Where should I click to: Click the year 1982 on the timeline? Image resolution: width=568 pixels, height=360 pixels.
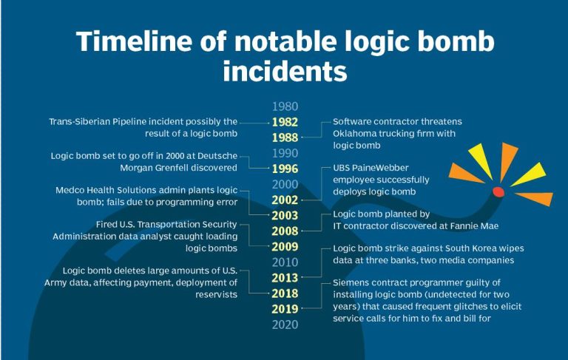[x=285, y=122]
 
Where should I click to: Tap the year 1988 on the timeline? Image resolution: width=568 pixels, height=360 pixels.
[x=285, y=137]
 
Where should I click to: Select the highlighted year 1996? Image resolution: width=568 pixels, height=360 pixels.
[x=285, y=169]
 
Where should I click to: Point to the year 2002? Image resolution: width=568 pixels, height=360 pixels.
[x=285, y=200]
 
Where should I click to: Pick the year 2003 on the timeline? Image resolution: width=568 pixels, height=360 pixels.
[x=285, y=215]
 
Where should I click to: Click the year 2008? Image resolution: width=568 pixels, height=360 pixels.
[x=285, y=231]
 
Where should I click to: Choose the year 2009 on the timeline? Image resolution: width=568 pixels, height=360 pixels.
[x=285, y=247]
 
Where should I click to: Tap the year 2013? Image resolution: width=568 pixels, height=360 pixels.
[x=285, y=278]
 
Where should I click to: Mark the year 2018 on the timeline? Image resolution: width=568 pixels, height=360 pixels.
[x=285, y=293]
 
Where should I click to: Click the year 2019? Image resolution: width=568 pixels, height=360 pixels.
[x=285, y=309]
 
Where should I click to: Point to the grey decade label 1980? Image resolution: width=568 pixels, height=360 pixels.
[x=285, y=106]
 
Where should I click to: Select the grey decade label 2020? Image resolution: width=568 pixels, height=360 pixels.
[x=285, y=325]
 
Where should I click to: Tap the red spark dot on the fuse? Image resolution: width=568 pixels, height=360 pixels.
[x=498, y=192]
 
